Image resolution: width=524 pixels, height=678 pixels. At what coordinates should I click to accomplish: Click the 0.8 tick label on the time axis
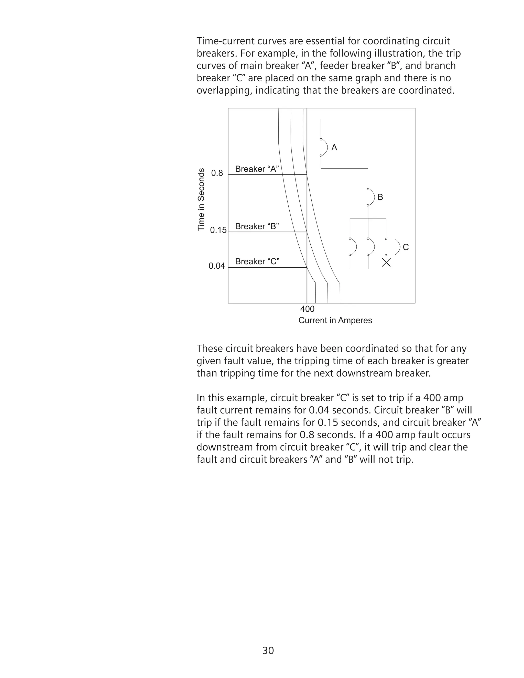217,173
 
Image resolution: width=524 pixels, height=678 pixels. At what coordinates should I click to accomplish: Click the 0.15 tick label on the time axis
218,230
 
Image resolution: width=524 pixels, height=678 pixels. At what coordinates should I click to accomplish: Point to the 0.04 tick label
217,266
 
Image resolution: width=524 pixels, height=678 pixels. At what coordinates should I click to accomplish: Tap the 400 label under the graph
307,309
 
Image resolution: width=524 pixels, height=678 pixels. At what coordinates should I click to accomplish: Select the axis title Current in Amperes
335,320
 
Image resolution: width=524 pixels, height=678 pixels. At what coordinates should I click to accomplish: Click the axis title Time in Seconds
201,200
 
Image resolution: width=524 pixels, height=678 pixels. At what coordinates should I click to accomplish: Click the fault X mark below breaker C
386,263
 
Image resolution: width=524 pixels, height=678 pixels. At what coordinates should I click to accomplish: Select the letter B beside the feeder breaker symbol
380,197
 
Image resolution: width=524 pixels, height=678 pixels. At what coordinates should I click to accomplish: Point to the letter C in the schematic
406,247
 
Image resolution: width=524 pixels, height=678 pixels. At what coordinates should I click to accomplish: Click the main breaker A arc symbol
325,147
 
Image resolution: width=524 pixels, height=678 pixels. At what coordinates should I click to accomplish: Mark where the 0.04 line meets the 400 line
307,268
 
